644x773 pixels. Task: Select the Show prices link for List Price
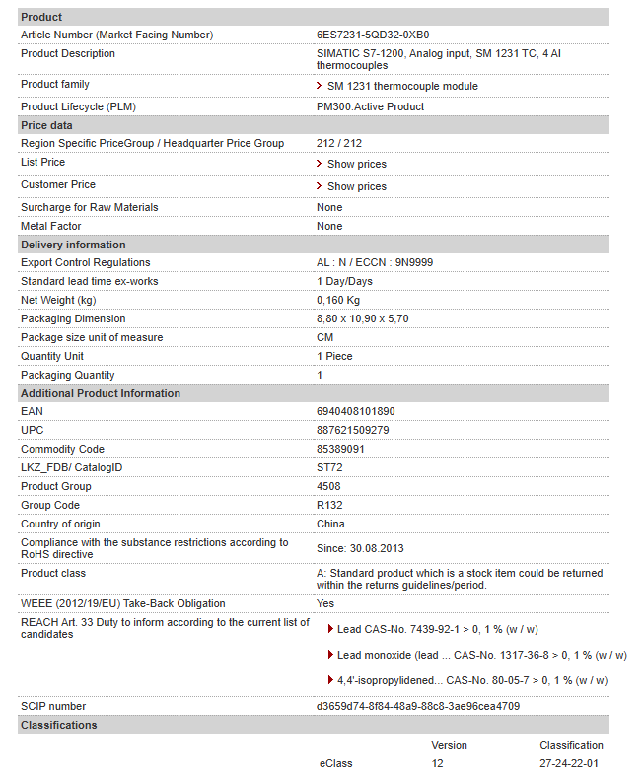(x=356, y=164)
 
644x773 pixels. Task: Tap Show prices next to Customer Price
(x=356, y=186)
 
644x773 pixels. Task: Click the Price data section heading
(x=46, y=125)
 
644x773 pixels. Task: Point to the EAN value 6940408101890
(x=355, y=411)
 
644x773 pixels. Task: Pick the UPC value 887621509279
(x=352, y=430)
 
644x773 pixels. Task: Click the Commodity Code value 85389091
(x=340, y=449)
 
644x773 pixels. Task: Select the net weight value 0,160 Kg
(x=338, y=300)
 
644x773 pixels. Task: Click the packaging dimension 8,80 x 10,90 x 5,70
(x=362, y=318)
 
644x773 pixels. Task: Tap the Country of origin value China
(x=330, y=524)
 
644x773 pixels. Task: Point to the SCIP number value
(x=418, y=706)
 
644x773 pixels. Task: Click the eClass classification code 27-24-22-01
(x=569, y=763)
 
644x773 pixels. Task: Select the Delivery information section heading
(x=73, y=245)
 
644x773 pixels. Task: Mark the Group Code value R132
(x=328, y=505)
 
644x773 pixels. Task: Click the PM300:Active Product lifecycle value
(x=370, y=106)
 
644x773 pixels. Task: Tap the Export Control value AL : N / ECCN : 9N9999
(x=375, y=262)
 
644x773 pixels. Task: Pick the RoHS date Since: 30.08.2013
(x=361, y=548)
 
